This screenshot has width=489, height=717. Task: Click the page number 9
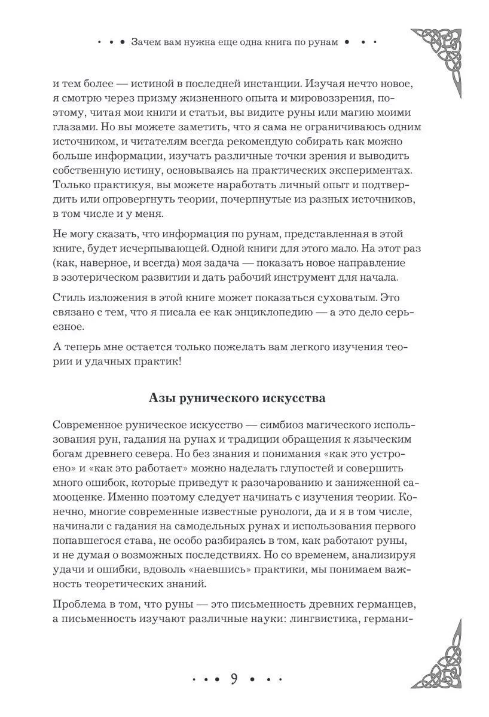click(235, 679)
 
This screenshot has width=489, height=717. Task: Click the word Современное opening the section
click(86, 424)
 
